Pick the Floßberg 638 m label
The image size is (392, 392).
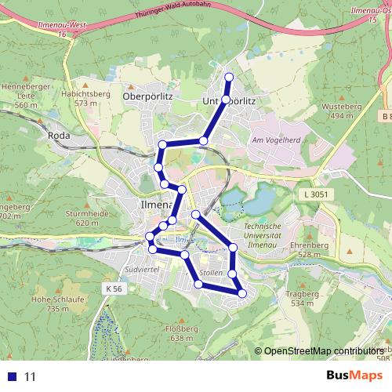coord(180,333)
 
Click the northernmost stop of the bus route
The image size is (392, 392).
coord(229,76)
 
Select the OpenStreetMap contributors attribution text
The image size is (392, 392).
coord(321,350)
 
